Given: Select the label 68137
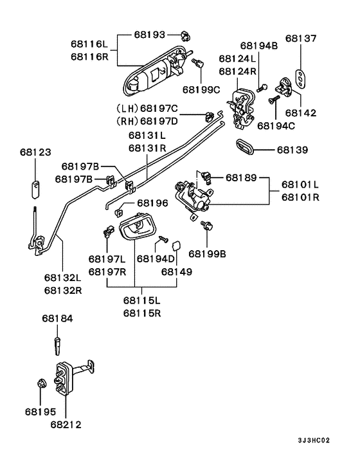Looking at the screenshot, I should pyautogui.click(x=301, y=39).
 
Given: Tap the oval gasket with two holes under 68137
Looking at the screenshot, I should pyautogui.click(x=301, y=76).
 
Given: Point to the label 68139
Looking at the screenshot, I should pyautogui.click(x=292, y=150).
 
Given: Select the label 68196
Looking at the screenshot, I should pyautogui.click(x=152, y=203).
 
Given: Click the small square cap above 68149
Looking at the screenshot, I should pyautogui.click(x=177, y=245).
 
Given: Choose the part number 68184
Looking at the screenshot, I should pyautogui.click(x=58, y=318).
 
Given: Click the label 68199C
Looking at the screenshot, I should pyautogui.click(x=201, y=89).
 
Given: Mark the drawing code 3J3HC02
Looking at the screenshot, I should pyautogui.click(x=314, y=441).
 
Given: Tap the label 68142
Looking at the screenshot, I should pyautogui.click(x=301, y=113).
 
